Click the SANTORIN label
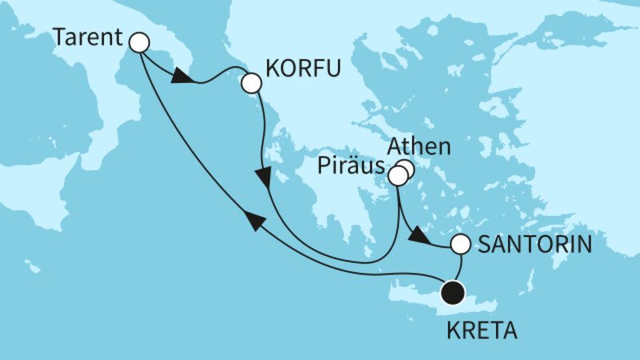click(x=534, y=246)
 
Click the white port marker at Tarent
click(x=140, y=42)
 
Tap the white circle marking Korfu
click(x=251, y=82)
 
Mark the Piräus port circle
click(x=398, y=175)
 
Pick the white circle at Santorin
click(x=461, y=244)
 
